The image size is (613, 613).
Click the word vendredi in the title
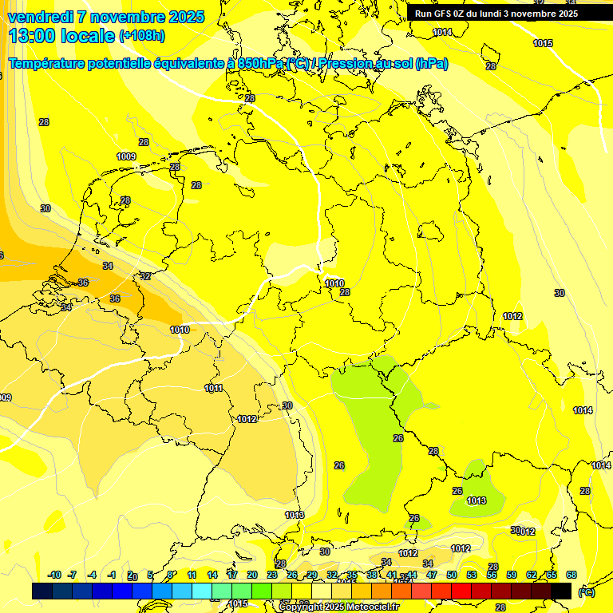click(40, 17)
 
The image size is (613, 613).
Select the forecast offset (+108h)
click(141, 36)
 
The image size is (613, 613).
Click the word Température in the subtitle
click(52, 64)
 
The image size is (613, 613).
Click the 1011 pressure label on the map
click(213, 389)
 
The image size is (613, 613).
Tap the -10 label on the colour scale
click(54, 575)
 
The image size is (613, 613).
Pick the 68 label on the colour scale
click(571, 575)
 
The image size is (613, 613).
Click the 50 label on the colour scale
click(452, 575)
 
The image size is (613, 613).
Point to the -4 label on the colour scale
click(92, 575)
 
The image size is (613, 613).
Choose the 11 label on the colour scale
click(192, 575)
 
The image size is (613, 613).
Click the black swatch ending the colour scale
click(561, 591)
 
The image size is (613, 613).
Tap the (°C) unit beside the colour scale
click(585, 591)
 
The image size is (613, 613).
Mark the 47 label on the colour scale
click(432, 575)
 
